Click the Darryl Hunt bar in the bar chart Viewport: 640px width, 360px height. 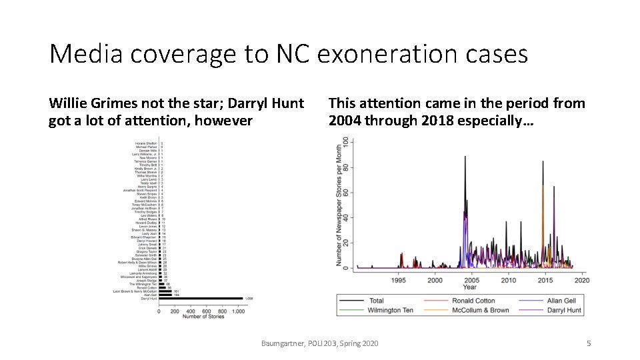tap(200, 298)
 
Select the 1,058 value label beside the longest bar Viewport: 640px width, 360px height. tap(249, 298)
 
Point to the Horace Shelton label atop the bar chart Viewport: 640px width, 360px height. tap(146, 143)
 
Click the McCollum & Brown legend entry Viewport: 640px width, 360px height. tap(480, 310)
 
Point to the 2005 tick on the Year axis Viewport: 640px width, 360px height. tap(471, 280)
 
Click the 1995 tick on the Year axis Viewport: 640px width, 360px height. tap(399, 280)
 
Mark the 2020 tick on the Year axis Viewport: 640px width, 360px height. tap(581, 280)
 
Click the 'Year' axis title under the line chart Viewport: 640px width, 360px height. tap(470, 287)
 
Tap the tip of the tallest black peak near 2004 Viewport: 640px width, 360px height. tap(465, 157)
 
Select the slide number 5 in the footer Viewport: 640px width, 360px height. tap(588, 343)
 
